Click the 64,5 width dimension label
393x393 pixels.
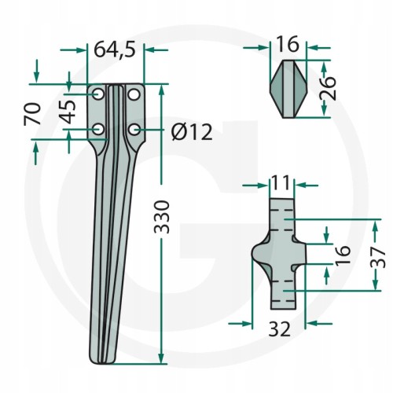click(x=115, y=50)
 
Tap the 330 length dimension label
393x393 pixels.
click(x=162, y=217)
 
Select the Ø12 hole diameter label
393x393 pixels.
click(x=192, y=132)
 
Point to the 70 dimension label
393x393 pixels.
click(x=32, y=114)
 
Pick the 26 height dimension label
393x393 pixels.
click(x=328, y=88)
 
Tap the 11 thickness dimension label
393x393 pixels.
click(x=281, y=182)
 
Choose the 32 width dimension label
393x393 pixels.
click(x=280, y=329)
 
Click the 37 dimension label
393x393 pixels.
click(x=377, y=258)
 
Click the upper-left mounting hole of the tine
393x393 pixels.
click(x=98, y=94)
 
